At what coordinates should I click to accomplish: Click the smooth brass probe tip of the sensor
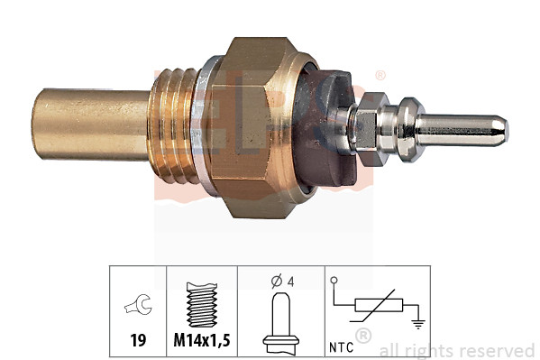81,125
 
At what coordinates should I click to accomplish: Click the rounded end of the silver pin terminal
500,128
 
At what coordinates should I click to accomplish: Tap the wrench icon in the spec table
140,307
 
